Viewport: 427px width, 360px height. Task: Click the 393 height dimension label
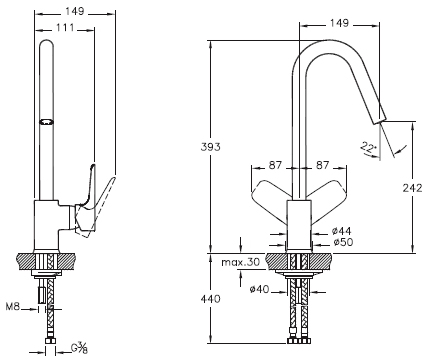tap(210, 147)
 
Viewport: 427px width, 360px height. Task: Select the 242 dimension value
tap(412, 188)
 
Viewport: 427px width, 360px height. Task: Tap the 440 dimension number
tap(210, 299)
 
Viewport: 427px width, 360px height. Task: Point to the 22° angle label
tap(368, 147)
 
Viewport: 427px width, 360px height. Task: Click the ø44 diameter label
tap(341, 231)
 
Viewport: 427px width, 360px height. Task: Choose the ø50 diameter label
tap(343, 242)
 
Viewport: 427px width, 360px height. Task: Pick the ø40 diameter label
tap(259, 289)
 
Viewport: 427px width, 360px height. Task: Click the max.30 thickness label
tap(241, 262)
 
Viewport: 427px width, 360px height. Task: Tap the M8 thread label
tap(13, 306)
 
